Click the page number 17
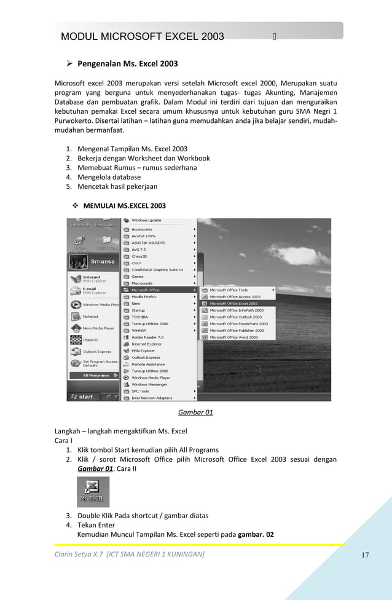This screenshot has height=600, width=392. pyautogui.click(x=365, y=556)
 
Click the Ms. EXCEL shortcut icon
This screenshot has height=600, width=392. pyautogui.click(x=93, y=492)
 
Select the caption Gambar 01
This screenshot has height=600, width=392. pyautogui.click(x=195, y=412)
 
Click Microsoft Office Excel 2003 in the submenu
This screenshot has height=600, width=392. pyautogui.click(x=234, y=303)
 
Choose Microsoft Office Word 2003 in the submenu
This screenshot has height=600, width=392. pyautogui.click(x=234, y=337)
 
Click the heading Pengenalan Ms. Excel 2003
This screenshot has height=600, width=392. pyautogui.click(x=127, y=63)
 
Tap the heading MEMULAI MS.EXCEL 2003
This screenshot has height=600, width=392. pyautogui.click(x=124, y=205)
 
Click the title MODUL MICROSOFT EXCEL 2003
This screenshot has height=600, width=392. pyautogui.click(x=143, y=37)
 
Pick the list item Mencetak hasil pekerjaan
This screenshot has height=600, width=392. pyautogui.click(x=117, y=186)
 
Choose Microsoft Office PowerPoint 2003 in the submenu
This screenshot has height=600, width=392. pyautogui.click(x=238, y=323)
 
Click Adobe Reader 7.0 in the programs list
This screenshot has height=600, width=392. pyautogui.click(x=147, y=337)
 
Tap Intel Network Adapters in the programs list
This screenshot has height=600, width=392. pyautogui.click(x=152, y=398)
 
